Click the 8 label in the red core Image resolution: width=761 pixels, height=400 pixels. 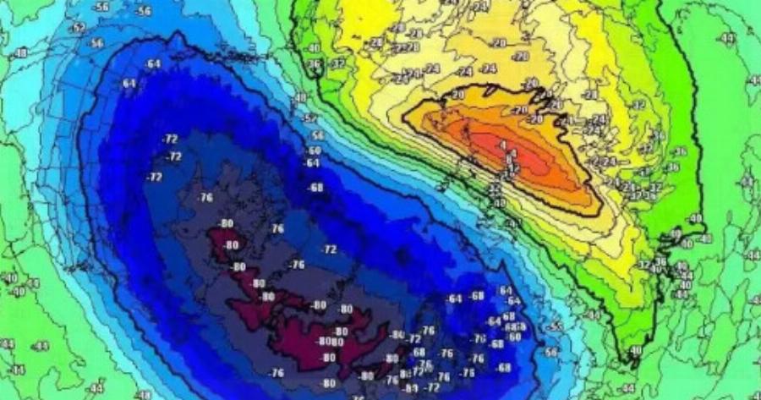tap(508, 156)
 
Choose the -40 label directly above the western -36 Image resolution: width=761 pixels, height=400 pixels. tap(315, 48)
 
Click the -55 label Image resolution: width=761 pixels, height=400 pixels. tap(556, 326)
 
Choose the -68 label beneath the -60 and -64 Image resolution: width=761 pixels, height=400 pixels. tap(316, 187)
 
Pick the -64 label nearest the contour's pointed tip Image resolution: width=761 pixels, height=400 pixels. tap(153, 63)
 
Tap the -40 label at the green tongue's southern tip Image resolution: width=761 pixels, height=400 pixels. tap(634, 349)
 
